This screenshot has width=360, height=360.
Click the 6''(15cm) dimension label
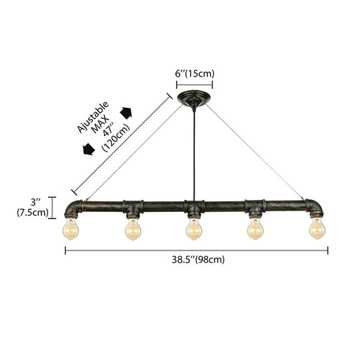(x=195, y=74)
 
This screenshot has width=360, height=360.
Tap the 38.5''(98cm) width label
(x=198, y=260)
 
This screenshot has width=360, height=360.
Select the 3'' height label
(x=35, y=202)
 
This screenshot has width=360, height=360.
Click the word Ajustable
(x=93, y=117)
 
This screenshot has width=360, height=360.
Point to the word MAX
(x=100, y=124)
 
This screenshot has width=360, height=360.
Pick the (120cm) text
(x=116, y=138)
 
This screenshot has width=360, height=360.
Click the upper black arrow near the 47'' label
(x=126, y=113)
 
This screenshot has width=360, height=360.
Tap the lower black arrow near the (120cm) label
(x=89, y=149)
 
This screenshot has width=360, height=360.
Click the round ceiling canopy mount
(x=194, y=99)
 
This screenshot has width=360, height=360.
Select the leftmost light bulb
(x=71, y=229)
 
